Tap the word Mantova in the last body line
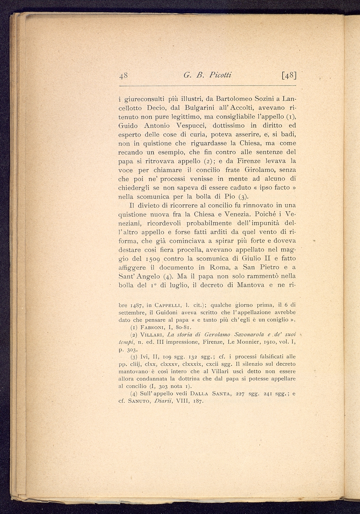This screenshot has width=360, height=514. [251, 285]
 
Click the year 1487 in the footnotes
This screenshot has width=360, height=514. [136, 306]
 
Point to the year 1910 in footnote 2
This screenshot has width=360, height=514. [269, 342]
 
